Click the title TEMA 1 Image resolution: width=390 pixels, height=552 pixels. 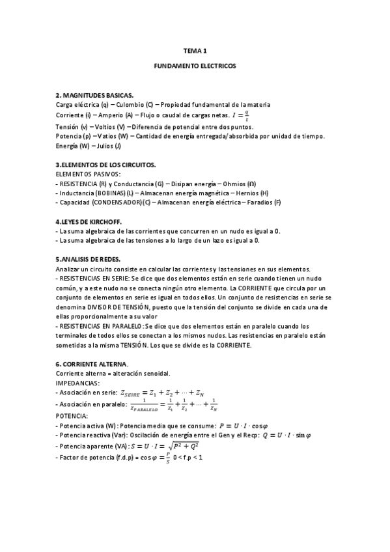(195, 50)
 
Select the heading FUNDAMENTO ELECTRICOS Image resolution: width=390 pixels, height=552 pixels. (195, 66)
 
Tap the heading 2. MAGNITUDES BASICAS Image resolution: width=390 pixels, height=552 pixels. (94, 95)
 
